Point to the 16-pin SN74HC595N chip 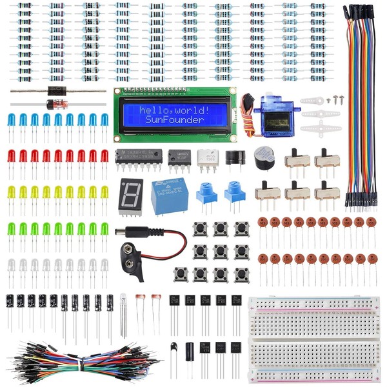(139, 157)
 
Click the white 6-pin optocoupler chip (207, 158)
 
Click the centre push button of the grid (220, 251)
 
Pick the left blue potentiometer (206, 192)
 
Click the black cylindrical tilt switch (190, 352)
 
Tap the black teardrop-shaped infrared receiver (175, 349)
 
